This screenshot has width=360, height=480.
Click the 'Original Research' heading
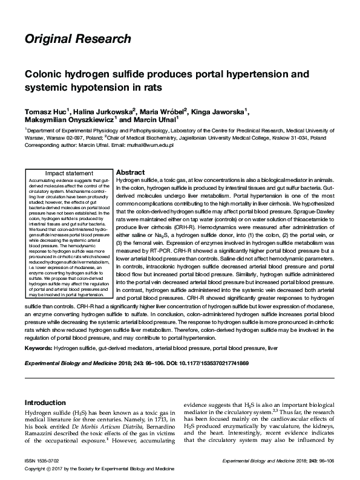click(x=77, y=40)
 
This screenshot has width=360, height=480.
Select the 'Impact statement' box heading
click(x=70, y=174)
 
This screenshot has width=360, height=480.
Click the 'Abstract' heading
click(x=129, y=172)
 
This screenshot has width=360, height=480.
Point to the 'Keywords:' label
click(x=38, y=349)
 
